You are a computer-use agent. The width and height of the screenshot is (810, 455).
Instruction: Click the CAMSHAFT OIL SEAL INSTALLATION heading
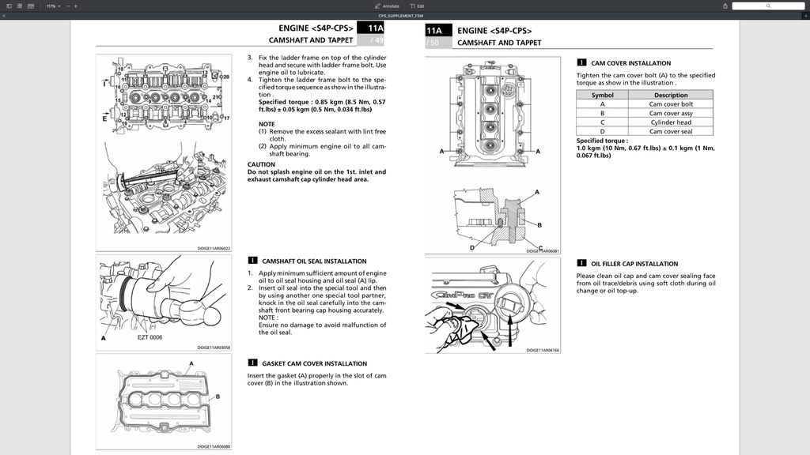click(x=314, y=261)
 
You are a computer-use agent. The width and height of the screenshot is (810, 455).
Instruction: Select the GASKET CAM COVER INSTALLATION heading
click(x=314, y=363)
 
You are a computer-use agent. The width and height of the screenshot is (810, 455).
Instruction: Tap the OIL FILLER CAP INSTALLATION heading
click(x=634, y=264)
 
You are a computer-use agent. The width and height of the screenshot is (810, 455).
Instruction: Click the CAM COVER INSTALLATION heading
click(x=630, y=63)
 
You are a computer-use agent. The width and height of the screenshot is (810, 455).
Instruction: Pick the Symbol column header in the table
click(x=602, y=95)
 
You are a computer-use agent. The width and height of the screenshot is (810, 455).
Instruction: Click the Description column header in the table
click(x=671, y=95)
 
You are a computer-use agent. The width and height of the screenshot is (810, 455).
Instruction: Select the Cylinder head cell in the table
click(x=671, y=122)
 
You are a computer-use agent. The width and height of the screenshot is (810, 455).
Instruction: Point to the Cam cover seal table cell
click(x=671, y=131)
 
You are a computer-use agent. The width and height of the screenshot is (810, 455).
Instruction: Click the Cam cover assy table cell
click(x=671, y=113)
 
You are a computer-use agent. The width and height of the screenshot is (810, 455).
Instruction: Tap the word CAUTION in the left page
click(x=261, y=164)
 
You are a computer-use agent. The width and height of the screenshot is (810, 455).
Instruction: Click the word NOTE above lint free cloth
click(x=267, y=124)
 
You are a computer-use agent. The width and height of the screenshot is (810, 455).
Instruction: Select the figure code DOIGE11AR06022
click(x=214, y=248)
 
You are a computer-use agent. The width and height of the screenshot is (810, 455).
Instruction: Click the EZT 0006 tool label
click(x=150, y=337)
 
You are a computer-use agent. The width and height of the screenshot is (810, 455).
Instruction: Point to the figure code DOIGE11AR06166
click(x=543, y=350)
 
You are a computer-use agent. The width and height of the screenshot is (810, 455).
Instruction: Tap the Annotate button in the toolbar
click(x=387, y=6)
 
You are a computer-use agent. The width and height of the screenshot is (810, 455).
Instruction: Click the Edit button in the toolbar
click(x=417, y=6)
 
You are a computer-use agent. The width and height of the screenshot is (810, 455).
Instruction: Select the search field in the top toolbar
click(x=767, y=6)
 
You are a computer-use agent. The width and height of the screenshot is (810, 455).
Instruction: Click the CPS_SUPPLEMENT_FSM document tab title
click(x=405, y=15)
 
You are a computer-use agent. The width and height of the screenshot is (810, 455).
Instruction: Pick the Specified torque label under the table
click(x=602, y=141)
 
